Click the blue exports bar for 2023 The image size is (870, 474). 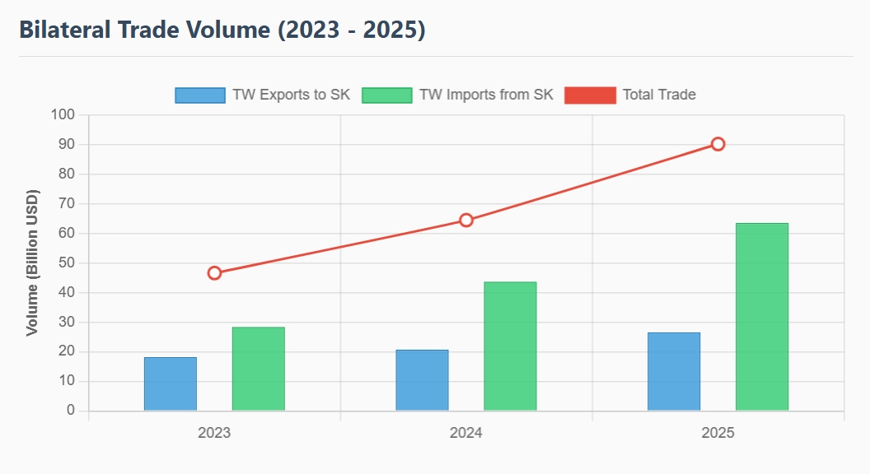[x=171, y=383]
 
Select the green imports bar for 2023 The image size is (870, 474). [x=258, y=369]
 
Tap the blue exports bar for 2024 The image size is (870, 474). [x=422, y=380]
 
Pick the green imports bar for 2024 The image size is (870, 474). [x=510, y=346]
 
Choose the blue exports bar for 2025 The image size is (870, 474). [x=674, y=371]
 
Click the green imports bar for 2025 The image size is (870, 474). [x=761, y=317]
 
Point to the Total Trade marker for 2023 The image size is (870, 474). [x=214, y=273]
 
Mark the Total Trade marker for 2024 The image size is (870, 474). [x=466, y=220]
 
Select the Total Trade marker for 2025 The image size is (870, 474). [x=718, y=144]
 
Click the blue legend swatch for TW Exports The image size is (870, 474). [x=200, y=95]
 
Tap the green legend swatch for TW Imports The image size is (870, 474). [x=386, y=95]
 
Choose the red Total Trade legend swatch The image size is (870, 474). [x=590, y=95]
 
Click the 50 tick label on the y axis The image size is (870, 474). [x=65, y=263]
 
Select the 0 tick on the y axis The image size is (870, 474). [x=70, y=411]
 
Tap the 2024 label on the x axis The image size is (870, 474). [x=466, y=433]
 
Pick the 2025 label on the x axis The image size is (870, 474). [x=718, y=433]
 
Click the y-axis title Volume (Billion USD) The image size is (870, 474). [x=33, y=263]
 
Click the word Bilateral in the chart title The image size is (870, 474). [x=67, y=30]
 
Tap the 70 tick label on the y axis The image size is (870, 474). [x=65, y=204]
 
